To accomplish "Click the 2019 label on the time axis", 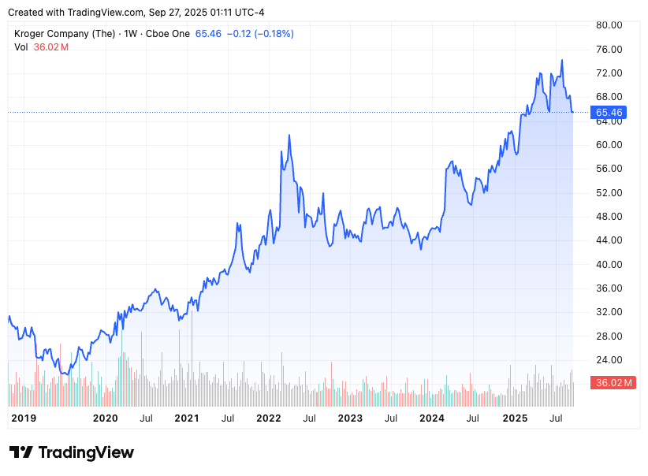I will coord(23,418).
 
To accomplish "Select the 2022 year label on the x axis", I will coord(269,418).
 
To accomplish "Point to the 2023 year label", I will coord(350,418).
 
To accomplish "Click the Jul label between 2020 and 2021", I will coord(146,418).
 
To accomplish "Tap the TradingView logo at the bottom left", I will coord(72,452).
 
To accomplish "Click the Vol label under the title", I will coord(21,47).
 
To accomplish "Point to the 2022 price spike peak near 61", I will coord(289,136).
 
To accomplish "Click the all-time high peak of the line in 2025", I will coord(562,60).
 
